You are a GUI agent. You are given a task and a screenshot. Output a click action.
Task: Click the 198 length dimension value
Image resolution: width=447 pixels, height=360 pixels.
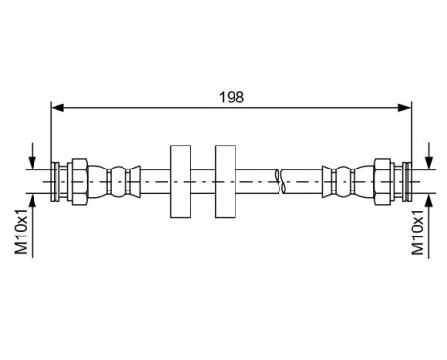point(231,97)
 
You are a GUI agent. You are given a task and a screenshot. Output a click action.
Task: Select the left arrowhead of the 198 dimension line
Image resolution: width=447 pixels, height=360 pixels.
point(56,108)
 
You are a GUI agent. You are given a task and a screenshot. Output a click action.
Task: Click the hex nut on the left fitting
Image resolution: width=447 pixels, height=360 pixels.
point(81,179)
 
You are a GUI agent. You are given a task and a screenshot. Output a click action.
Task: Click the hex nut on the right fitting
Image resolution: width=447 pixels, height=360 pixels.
point(382,179)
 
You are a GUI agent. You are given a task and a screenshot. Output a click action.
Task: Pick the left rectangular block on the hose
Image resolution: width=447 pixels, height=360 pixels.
point(180,179)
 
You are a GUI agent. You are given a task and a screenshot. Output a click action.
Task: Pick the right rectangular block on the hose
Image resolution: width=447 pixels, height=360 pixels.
point(226,179)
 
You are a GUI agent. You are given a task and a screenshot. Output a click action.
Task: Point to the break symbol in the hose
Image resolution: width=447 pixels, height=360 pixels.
point(278,179)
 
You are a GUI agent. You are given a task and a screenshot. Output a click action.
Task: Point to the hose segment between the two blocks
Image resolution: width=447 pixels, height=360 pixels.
point(203,179)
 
